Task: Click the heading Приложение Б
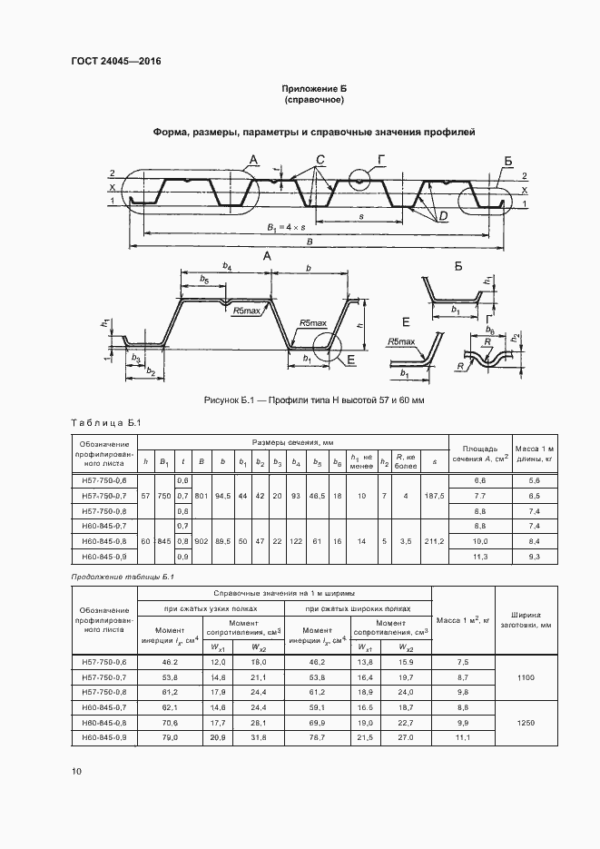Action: click(x=314, y=88)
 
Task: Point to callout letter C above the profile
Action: click(x=320, y=160)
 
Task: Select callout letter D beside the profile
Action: click(x=442, y=215)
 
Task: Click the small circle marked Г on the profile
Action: click(x=359, y=181)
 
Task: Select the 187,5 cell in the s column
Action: click(x=434, y=496)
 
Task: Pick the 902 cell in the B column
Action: click(x=201, y=541)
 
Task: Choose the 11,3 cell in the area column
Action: click(x=480, y=556)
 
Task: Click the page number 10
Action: click(x=76, y=772)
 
